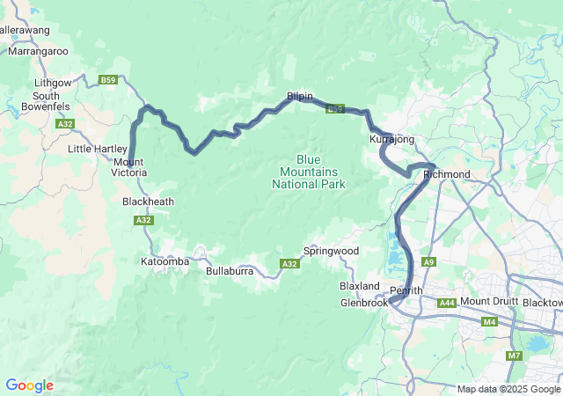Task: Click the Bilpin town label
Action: (299, 96)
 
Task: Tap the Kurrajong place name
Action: (391, 140)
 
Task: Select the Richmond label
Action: (447, 174)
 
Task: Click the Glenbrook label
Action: (363, 303)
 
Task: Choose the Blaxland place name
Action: (360, 287)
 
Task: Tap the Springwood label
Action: (331, 251)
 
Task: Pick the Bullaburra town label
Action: (230, 272)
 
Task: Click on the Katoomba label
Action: (165, 261)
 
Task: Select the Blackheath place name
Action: (148, 202)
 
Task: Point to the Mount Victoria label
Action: (128, 167)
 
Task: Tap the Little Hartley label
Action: (97, 149)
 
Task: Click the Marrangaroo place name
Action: (38, 52)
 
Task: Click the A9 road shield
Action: (428, 261)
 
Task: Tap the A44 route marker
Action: (447, 302)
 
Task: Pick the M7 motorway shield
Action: (514, 356)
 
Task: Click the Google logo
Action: (29, 385)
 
